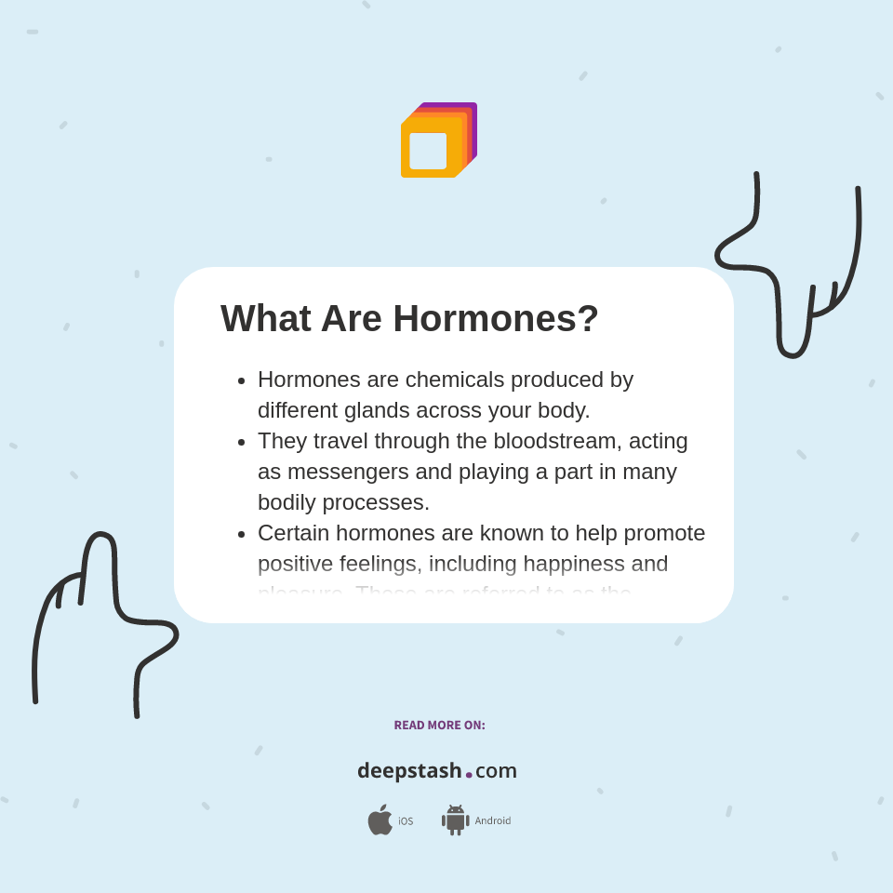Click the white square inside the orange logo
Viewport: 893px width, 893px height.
428,151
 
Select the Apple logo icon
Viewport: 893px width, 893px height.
380,820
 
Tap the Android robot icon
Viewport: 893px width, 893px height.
455,820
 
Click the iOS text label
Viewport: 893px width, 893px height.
406,821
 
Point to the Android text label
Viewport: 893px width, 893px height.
492,820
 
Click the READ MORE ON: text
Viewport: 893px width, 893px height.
439,726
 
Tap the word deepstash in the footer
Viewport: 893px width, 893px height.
409,770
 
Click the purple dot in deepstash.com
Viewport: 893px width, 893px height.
469,774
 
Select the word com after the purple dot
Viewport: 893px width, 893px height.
496,771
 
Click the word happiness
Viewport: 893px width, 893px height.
573,564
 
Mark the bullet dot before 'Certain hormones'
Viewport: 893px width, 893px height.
242,534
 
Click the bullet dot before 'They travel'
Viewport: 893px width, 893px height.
242,442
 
